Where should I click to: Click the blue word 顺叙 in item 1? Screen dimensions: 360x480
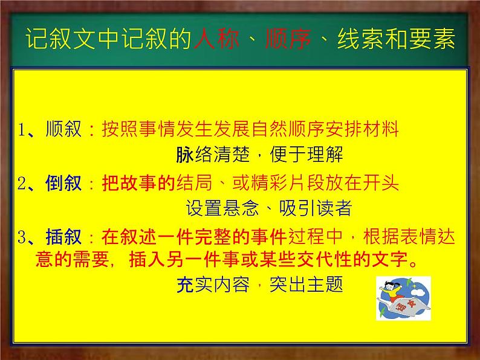[63, 129]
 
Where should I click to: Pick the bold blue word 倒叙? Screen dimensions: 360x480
[63, 184]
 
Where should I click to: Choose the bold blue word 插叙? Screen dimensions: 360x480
[63, 238]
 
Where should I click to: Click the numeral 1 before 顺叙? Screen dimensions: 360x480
[22, 130]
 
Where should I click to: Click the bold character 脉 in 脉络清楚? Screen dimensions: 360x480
[184, 155]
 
